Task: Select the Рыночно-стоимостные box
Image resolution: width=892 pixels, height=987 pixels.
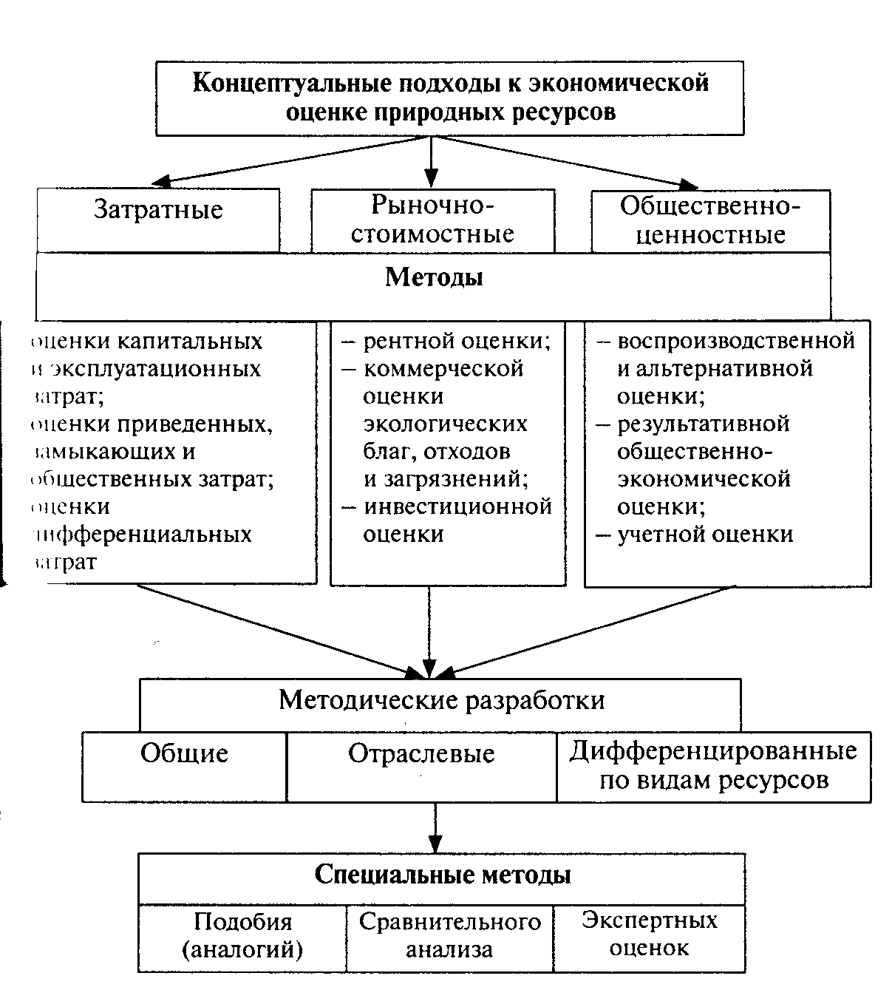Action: click(x=432, y=220)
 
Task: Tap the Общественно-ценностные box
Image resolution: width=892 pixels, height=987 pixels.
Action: click(x=710, y=220)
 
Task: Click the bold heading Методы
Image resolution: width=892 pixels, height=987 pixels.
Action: click(x=434, y=278)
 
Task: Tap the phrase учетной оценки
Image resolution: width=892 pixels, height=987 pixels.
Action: click(x=704, y=534)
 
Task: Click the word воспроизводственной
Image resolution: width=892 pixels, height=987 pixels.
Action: click(x=735, y=341)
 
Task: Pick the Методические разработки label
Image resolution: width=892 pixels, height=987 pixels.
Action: click(x=441, y=699)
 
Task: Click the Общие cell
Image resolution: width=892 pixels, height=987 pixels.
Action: click(x=184, y=754)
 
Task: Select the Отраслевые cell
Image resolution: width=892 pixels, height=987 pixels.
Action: click(x=421, y=754)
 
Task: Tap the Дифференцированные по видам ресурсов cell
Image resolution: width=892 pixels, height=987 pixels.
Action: click(x=713, y=766)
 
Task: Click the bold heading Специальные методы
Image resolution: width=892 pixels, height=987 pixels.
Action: click(x=442, y=875)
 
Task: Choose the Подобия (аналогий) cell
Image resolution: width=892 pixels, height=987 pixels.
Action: click(x=242, y=935)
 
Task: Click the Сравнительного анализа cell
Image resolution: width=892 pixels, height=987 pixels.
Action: click(x=449, y=935)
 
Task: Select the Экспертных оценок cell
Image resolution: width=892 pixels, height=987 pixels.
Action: click(x=649, y=934)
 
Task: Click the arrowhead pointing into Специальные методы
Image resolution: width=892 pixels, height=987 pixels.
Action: click(x=435, y=844)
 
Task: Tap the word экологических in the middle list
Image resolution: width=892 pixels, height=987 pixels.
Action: click(x=445, y=424)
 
